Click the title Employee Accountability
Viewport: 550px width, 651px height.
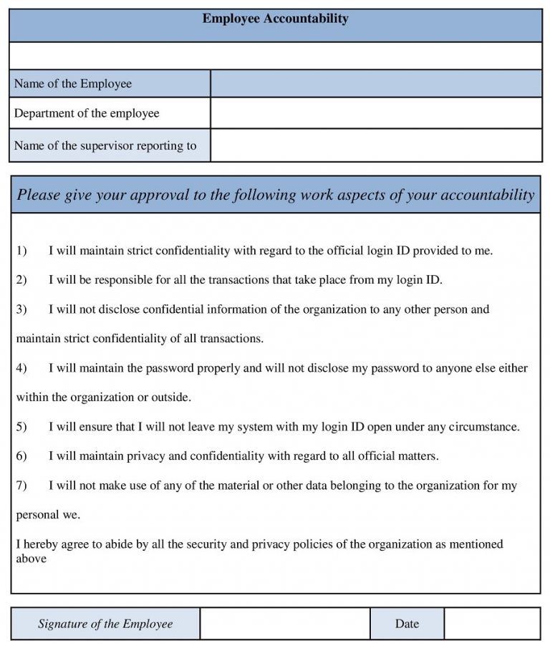[275, 19]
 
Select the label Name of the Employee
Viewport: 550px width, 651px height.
[73, 84]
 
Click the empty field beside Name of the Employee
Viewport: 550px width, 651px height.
[376, 84]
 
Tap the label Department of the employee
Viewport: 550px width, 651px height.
[87, 113]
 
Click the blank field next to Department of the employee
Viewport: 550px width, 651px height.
[376, 113]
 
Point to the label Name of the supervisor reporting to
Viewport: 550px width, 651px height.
[105, 145]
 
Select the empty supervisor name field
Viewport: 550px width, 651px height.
[376, 145]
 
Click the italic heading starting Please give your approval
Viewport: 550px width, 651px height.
[275, 195]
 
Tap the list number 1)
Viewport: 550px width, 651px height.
[21, 251]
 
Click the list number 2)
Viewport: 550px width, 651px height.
[21, 280]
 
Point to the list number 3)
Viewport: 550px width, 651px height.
[21, 309]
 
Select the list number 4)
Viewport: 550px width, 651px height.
[21, 368]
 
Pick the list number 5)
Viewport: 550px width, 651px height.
[21, 427]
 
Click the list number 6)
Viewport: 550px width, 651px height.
[21, 456]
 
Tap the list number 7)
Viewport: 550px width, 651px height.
[21, 486]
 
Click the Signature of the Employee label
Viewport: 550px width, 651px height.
[105, 624]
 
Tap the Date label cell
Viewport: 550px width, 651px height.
[407, 624]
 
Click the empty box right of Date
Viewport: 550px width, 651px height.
[492, 624]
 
